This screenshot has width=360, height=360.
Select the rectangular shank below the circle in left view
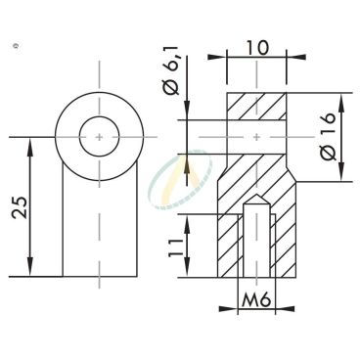click(x=98, y=225)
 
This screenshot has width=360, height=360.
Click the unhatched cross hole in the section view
click(x=256, y=137)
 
